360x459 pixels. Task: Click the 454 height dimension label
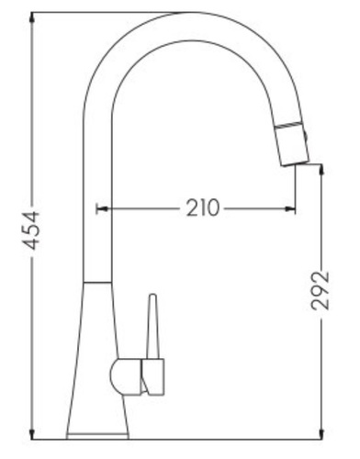point(31,230)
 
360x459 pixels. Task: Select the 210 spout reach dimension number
point(203,208)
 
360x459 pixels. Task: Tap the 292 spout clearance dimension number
point(320,290)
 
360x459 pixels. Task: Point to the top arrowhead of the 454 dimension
point(32,18)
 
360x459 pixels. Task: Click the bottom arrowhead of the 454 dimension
point(32,434)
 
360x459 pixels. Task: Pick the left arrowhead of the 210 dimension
point(102,209)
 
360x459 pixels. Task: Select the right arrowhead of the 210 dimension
point(289,209)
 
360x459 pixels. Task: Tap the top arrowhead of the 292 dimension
point(321,170)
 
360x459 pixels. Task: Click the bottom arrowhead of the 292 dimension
point(321,434)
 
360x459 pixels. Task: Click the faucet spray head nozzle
point(292,144)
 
